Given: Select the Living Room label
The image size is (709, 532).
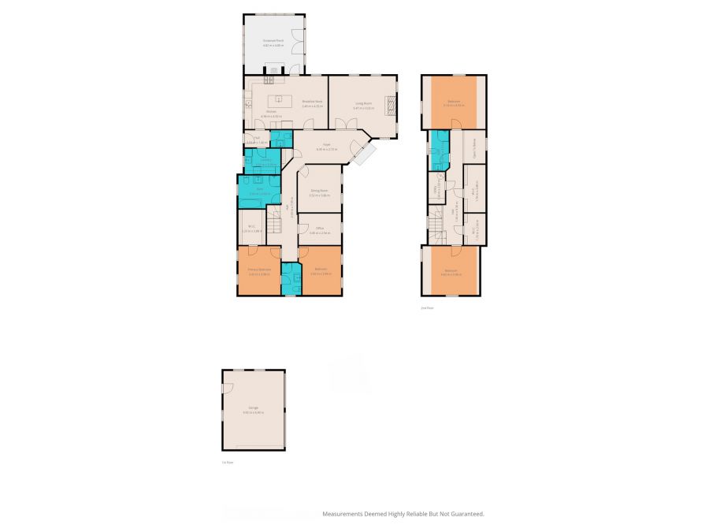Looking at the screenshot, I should pyautogui.click(x=362, y=103).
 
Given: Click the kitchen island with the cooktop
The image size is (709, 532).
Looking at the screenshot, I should pyautogui.click(x=277, y=100).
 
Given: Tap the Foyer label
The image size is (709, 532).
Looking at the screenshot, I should pyautogui.click(x=325, y=145).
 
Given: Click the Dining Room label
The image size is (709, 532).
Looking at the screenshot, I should pyautogui.click(x=319, y=191).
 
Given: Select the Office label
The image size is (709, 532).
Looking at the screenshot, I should pyautogui.click(x=318, y=229).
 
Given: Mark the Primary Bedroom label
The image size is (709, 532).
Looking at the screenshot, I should pyautogui.click(x=259, y=270).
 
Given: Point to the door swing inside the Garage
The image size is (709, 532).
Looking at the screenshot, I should pyautogui.click(x=226, y=389).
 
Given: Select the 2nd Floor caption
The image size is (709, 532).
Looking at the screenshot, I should pyautogui.click(x=428, y=308).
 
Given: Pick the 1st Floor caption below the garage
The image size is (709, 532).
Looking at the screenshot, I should pyautogui.click(x=228, y=463).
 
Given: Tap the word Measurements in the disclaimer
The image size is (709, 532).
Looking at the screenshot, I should pyautogui.click(x=343, y=514).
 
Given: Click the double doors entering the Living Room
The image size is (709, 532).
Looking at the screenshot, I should pyautogui.click(x=343, y=124).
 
